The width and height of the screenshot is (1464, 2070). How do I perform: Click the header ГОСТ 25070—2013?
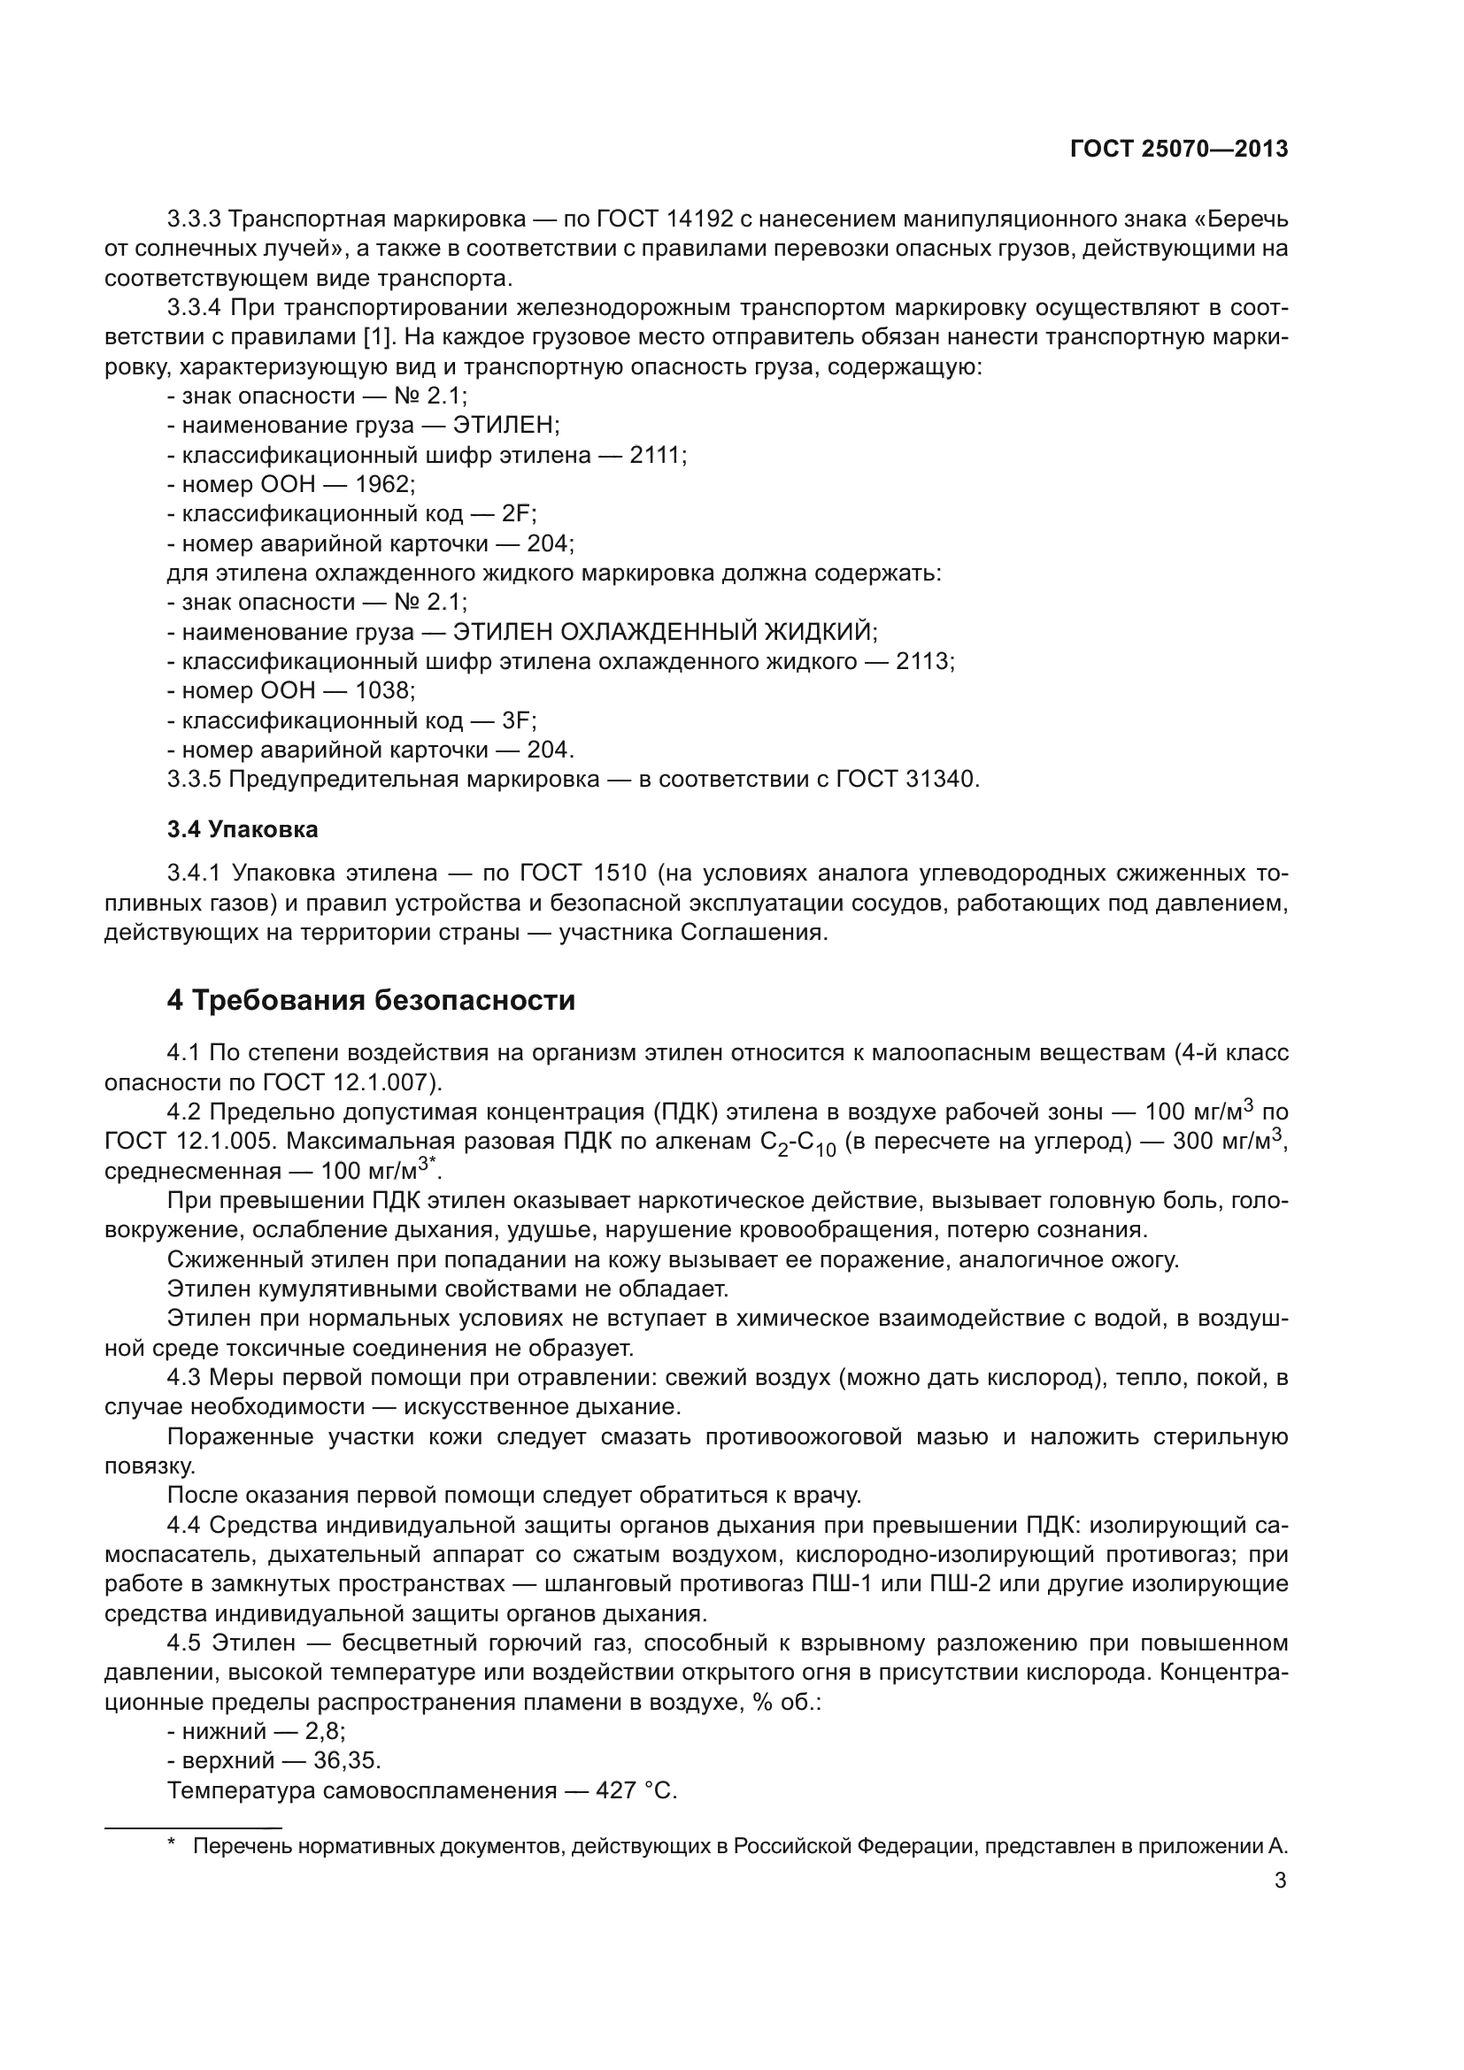click(1178, 150)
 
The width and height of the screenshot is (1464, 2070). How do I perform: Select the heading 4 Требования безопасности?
click(371, 1001)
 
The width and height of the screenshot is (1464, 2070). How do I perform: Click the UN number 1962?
click(384, 485)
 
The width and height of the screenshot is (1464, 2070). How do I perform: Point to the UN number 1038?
click(384, 691)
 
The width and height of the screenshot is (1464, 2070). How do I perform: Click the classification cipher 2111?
click(657, 455)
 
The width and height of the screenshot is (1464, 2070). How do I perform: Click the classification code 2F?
click(519, 515)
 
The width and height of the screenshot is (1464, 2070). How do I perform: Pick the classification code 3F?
click(519, 720)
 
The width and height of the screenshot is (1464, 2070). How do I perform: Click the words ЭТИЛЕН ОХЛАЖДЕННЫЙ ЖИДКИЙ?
click(664, 632)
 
